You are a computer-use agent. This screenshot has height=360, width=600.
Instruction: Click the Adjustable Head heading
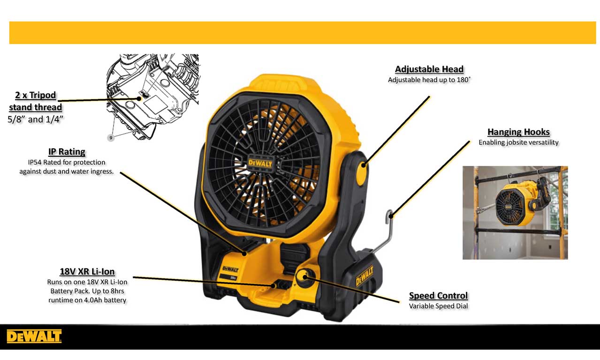429,69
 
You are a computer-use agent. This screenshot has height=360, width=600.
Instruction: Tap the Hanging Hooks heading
518,132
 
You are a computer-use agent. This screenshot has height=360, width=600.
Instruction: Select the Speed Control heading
438,296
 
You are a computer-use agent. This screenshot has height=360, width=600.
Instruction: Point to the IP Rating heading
67,152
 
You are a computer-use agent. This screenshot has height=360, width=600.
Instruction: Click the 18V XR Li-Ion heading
87,272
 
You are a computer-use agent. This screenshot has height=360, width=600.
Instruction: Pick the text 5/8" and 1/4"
36,119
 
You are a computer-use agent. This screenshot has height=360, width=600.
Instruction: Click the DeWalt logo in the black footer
34,336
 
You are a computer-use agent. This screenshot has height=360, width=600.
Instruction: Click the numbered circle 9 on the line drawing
111,138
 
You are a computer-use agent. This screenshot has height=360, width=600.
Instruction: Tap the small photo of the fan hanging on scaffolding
515,212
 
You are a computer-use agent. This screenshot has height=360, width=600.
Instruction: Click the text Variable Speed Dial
438,306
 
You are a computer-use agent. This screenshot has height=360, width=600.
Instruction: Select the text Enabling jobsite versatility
518,142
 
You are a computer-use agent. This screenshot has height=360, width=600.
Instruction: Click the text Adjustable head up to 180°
429,80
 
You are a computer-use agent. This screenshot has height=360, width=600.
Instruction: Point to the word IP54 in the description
35,162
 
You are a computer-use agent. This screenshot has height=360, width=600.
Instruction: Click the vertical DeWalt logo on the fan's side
365,276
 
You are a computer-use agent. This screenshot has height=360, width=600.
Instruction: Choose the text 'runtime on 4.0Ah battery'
87,300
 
